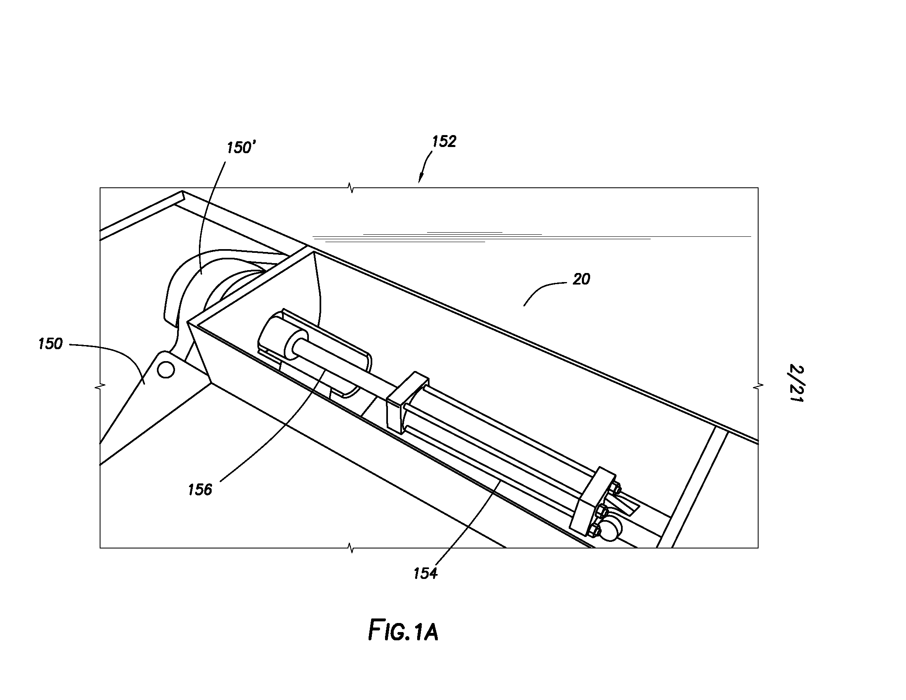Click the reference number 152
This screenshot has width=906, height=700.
click(444, 142)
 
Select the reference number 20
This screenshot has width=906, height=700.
click(581, 280)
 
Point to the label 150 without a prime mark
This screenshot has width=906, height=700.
click(50, 344)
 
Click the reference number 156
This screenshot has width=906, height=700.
click(200, 490)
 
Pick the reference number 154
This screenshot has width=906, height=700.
click(426, 574)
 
